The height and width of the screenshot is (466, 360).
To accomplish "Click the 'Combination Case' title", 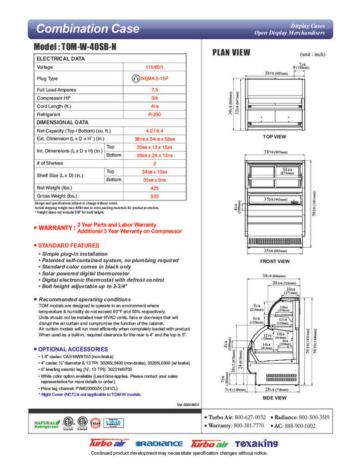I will pos(88,29).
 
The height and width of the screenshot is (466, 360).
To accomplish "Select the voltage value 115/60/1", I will pos(154,67).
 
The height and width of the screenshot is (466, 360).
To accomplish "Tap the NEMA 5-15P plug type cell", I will pos(154,78).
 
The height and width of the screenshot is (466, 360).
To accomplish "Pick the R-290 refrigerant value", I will pos(154,114).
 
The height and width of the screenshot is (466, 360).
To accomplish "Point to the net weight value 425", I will pos(154,188).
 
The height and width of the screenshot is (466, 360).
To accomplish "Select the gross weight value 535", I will pos(154,197).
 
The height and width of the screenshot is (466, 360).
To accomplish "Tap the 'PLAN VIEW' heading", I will pos(230,53).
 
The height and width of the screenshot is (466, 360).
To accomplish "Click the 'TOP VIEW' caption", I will pos(273,136).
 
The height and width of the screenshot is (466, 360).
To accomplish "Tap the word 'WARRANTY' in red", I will pos(55,229).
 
